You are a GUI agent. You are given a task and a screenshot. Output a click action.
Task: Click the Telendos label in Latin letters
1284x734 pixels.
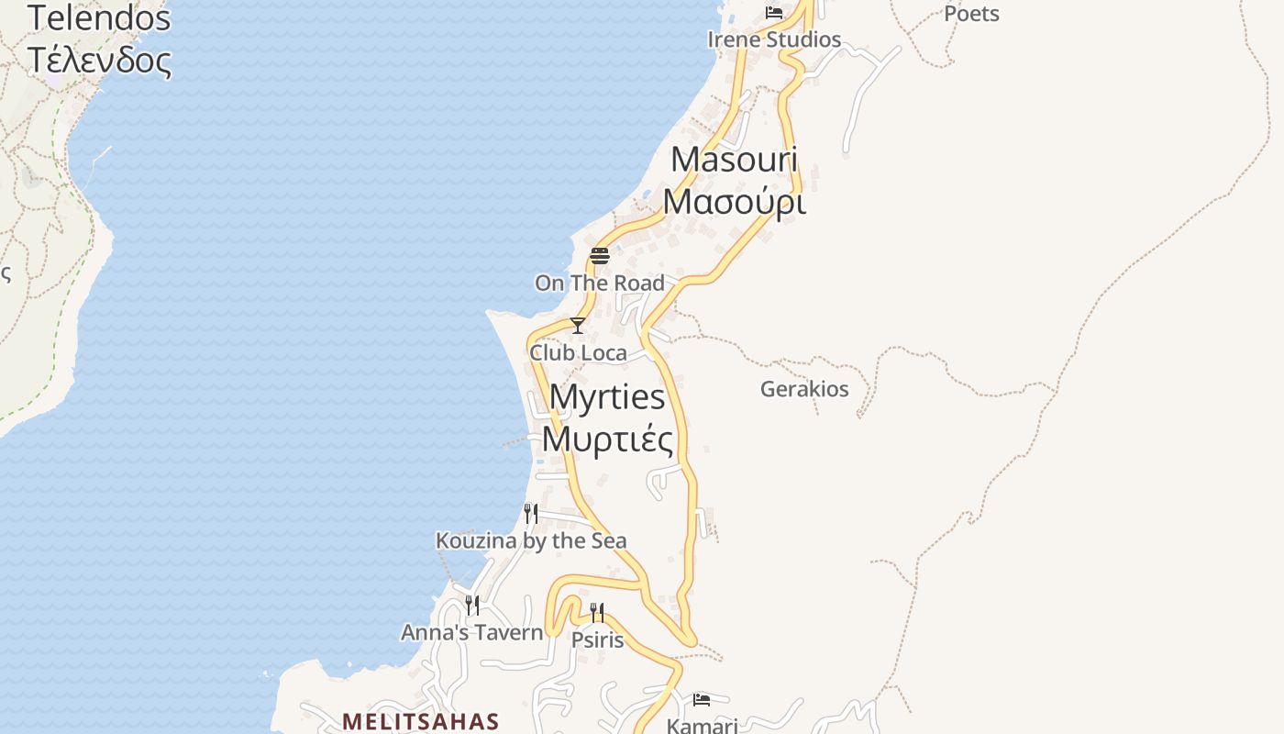pos(99,17)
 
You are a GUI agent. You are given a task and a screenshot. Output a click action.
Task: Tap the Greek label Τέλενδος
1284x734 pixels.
pos(99,60)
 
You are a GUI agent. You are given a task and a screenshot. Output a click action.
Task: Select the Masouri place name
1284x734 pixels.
pos(734,160)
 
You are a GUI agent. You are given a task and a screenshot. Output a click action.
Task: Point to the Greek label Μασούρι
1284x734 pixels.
pos(734,202)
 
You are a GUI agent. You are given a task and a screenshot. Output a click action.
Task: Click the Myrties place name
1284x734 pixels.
pos(607,397)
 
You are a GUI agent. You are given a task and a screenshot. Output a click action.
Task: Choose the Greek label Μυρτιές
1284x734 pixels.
pos(607,439)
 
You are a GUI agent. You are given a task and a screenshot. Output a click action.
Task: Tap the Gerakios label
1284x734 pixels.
pos(804,389)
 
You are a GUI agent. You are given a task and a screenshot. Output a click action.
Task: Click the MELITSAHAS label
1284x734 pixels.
pos(421,721)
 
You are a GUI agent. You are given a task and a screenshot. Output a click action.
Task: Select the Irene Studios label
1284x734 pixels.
pos(774,39)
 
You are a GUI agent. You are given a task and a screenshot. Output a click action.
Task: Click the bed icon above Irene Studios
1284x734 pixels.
pos(774,13)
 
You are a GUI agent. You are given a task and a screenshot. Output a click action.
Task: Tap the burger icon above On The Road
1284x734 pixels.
pos(600,256)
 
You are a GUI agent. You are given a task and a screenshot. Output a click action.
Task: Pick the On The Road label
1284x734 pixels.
pos(600,284)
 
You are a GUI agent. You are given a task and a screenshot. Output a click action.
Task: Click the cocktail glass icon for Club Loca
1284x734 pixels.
pos(578,326)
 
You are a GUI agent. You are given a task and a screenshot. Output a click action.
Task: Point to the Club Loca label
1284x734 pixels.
pos(578,353)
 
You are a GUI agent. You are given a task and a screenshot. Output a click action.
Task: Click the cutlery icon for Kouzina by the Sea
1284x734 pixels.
pos(531,513)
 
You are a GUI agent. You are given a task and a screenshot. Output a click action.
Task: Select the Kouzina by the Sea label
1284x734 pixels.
pos(531,541)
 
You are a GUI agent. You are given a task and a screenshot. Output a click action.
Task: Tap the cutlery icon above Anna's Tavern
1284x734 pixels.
pos(472,606)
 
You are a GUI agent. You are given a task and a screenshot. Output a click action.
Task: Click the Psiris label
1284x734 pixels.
pos(597,640)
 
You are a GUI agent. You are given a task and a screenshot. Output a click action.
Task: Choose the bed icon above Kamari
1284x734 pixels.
pos(702,700)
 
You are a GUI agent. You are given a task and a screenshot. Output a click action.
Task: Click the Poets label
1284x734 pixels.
pos(971,14)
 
